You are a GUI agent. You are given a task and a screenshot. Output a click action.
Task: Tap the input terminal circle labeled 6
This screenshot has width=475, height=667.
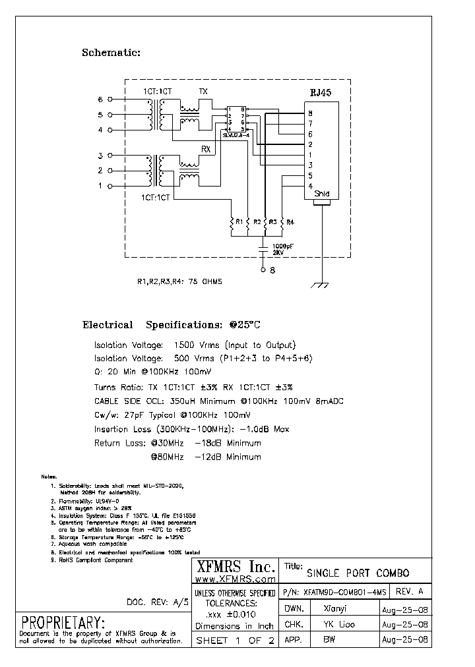click(x=110, y=100)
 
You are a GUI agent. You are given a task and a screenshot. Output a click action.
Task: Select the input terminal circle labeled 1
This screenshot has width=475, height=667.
click(x=110, y=186)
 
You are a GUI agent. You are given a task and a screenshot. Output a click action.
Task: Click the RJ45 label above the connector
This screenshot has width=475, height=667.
click(x=320, y=94)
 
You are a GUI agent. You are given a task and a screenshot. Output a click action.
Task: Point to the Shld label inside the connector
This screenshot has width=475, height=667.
click(x=321, y=194)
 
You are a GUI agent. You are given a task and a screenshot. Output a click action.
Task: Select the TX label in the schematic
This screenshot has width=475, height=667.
click(x=204, y=92)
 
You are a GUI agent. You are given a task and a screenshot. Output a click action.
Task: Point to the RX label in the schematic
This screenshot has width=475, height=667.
click(x=206, y=149)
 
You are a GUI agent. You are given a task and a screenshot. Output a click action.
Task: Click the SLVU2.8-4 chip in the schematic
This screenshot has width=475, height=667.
click(x=236, y=119)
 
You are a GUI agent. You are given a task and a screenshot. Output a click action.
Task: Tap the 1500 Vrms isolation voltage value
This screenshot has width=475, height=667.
click(x=193, y=345)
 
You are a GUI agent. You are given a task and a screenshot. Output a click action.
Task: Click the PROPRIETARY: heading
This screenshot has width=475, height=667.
click(x=63, y=622)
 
